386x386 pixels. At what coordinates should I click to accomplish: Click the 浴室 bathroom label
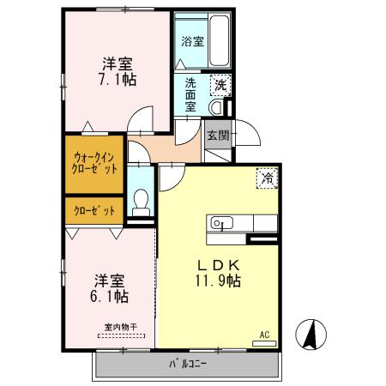click(x=192, y=40)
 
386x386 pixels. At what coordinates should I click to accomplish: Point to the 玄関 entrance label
click(x=218, y=135)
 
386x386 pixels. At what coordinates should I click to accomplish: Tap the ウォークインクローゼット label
click(x=95, y=163)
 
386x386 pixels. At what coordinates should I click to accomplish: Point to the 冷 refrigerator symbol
click(x=268, y=178)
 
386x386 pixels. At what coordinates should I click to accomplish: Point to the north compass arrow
click(x=310, y=334)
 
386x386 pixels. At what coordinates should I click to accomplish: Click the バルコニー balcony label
click(x=187, y=364)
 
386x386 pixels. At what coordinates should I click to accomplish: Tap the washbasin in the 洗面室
click(x=215, y=107)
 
